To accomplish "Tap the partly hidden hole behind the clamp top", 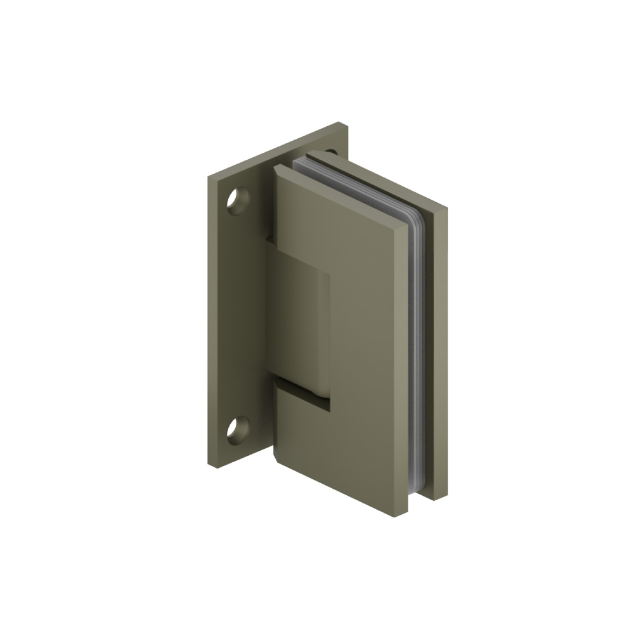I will (x=330, y=152).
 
